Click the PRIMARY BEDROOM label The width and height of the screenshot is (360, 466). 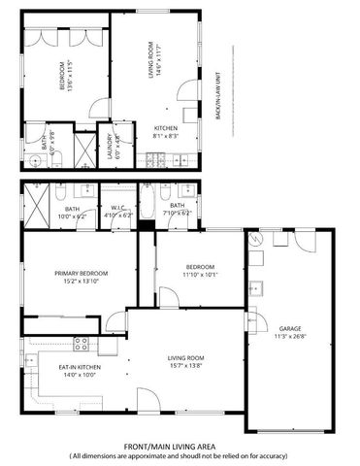pyautogui.click(x=81, y=274)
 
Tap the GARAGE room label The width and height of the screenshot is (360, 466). pyautogui.click(x=290, y=328)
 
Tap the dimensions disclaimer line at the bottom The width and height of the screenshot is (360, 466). pyautogui.click(x=179, y=456)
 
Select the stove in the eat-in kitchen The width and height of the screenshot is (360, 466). pyautogui.click(x=82, y=344)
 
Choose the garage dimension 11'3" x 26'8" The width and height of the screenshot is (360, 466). pyautogui.click(x=290, y=337)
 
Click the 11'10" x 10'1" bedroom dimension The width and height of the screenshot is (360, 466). pyautogui.click(x=200, y=275)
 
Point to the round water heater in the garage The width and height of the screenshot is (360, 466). pyautogui.click(x=256, y=242)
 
